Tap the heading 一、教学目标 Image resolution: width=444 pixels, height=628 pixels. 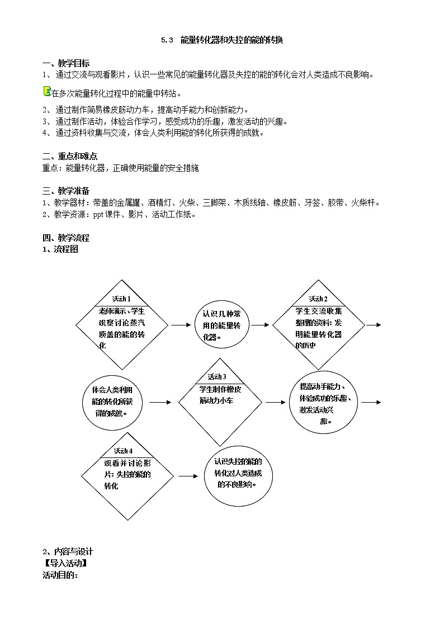(x=66, y=63)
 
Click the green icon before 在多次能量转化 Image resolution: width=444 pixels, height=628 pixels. (x=47, y=92)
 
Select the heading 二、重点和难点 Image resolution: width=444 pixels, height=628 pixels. (x=70, y=156)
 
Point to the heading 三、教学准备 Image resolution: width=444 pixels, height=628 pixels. (x=66, y=191)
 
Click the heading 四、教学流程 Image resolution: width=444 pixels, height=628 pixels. (x=66, y=238)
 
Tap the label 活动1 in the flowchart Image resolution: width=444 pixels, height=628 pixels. (x=121, y=299)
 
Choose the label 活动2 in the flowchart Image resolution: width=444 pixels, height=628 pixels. (x=318, y=299)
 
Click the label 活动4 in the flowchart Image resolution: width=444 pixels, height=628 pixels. (x=124, y=451)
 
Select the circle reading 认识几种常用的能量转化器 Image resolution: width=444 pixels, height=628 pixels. (x=221, y=325)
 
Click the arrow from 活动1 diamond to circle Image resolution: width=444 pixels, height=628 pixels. (x=180, y=324)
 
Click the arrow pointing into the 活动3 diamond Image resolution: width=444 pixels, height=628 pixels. (x=160, y=402)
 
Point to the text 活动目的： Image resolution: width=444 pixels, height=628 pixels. (x=60, y=575)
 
